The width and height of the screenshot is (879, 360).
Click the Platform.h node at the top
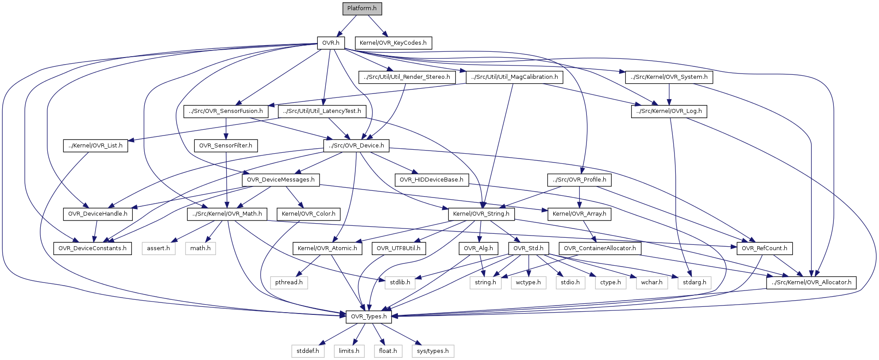(362, 8)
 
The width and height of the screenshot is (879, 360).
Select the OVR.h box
(331, 43)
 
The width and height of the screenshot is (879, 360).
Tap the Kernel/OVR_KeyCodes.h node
(393, 43)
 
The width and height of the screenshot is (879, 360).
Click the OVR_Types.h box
(369, 317)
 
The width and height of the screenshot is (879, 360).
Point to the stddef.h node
(308, 351)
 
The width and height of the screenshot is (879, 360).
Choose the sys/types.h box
(432, 351)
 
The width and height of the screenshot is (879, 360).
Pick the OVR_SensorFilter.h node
(226, 146)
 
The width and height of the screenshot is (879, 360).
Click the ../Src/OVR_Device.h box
(356, 146)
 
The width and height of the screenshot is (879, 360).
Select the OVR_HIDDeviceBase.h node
(431, 180)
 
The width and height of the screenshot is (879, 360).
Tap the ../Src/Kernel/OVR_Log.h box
(669, 111)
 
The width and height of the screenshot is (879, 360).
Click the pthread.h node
(289, 283)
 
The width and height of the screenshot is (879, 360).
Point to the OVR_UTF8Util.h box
(398, 248)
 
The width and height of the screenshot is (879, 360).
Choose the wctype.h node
(528, 283)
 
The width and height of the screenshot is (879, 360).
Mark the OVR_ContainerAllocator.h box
(600, 248)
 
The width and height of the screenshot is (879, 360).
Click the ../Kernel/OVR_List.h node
(95, 146)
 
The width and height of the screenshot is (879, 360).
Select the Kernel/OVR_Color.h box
(308, 214)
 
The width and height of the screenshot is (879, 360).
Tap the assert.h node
(158, 248)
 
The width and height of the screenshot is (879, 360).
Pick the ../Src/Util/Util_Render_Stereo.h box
(407, 77)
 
